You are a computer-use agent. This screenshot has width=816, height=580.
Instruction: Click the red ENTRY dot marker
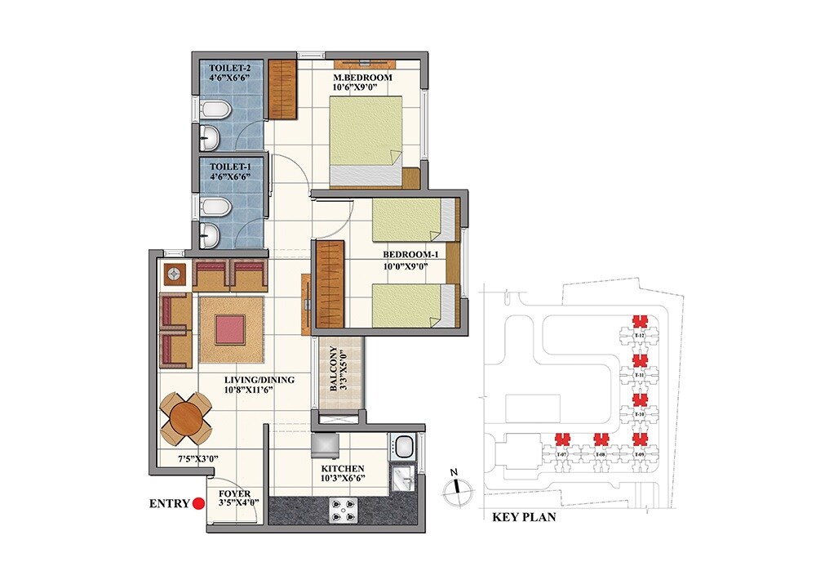(197, 504)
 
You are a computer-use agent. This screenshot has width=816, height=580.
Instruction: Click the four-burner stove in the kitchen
(342, 510)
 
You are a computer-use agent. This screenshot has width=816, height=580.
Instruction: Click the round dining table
(185, 416)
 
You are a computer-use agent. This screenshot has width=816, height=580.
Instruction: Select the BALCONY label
(333, 370)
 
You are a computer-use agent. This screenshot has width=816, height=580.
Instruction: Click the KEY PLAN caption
(525, 518)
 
